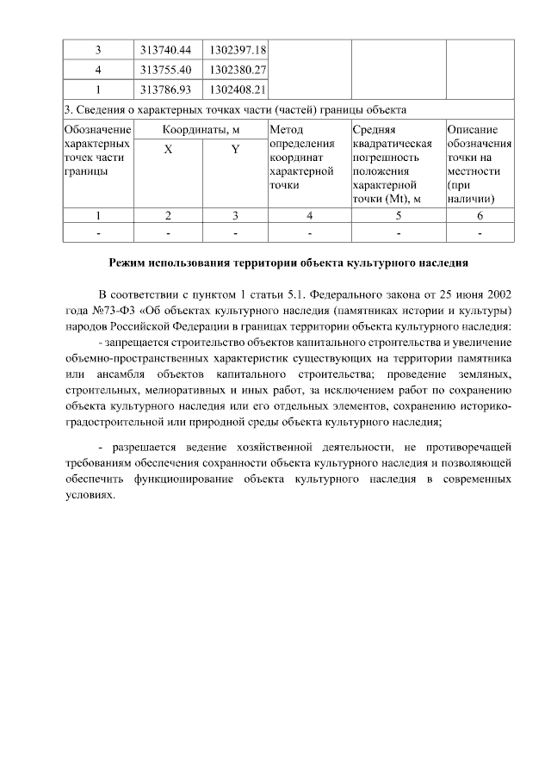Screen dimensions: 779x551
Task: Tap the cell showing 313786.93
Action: pyautogui.click(x=168, y=89)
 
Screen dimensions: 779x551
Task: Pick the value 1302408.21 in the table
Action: pyautogui.click(x=237, y=89)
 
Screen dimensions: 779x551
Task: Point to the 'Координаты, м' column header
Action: pyautogui.click(x=201, y=129)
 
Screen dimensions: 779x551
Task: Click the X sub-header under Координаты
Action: pyautogui.click(x=168, y=149)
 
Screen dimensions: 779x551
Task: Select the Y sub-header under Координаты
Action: pyautogui.click(x=235, y=149)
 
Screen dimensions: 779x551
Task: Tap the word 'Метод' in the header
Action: pyautogui.click(x=287, y=129)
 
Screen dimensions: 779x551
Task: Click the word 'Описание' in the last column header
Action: pyautogui.click(x=471, y=129)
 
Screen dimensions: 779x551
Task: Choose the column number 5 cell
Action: pyautogui.click(x=397, y=214)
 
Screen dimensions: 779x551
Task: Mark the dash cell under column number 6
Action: pyautogui.click(x=480, y=232)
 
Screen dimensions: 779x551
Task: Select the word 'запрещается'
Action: pyautogui.click(x=143, y=343)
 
